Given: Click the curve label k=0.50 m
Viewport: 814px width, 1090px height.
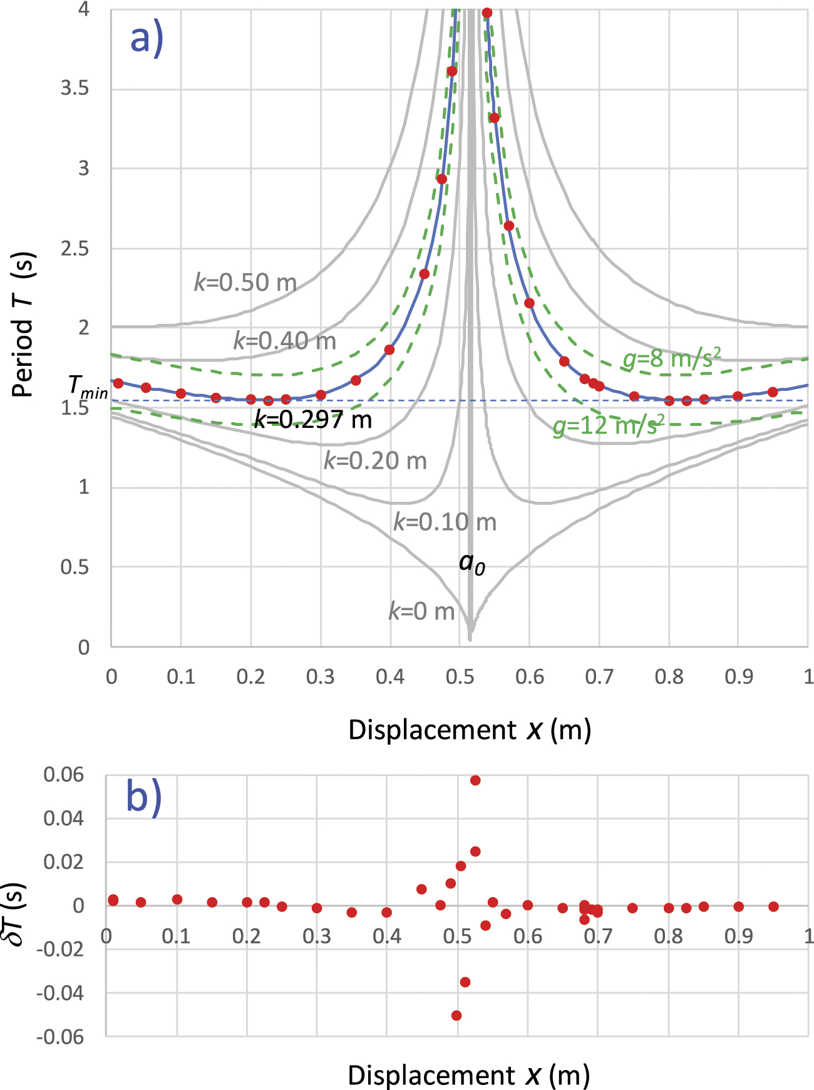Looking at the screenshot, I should point(245,283).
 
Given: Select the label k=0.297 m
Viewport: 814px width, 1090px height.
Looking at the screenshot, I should point(312,419).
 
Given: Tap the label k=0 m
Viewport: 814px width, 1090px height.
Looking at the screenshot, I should point(421,611).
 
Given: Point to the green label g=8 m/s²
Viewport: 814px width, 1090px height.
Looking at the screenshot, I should point(671,359).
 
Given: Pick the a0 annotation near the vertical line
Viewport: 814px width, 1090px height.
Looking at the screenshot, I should point(471,563).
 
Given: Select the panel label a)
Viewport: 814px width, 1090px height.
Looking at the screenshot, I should point(147,39).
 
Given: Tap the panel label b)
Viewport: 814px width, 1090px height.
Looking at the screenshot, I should point(144,797).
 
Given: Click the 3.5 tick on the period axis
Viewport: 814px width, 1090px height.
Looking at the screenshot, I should point(75,88).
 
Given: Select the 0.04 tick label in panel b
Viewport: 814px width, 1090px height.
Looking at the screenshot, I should point(64,818).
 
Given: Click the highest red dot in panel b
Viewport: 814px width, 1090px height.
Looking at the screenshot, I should point(475,781).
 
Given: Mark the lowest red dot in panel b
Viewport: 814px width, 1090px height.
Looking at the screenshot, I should point(456,1015).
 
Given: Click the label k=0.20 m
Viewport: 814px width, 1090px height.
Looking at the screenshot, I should point(375,461).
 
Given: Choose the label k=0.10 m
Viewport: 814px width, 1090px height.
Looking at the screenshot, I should point(445,522).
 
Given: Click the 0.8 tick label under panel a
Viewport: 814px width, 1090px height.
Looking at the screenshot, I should point(669,677).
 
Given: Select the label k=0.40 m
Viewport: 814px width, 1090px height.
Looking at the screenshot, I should point(285,341).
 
